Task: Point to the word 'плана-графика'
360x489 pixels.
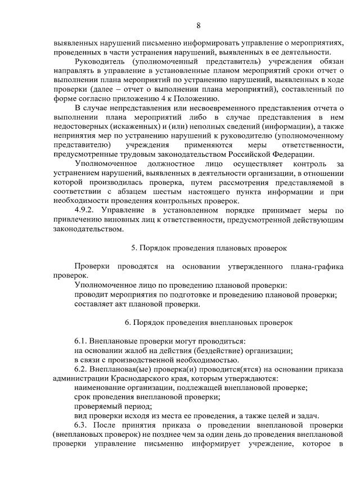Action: (316, 266)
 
